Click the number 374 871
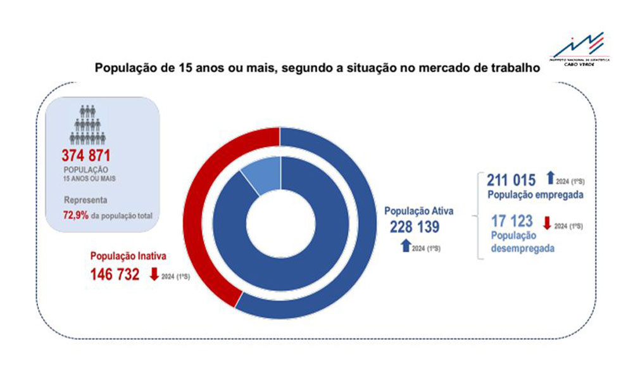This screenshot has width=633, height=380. tap(90, 156)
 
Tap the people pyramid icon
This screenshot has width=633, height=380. tap(87, 125)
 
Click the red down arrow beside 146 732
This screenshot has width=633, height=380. tap(153, 275)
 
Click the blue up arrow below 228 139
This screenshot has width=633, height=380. tap(405, 246)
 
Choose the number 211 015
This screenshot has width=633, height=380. tap(511, 180)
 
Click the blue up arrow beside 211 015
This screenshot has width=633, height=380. tap(549, 179)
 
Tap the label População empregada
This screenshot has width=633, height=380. tap(535, 194)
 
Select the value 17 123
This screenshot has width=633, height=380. tap(513, 221)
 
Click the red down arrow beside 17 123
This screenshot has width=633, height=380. tap(547, 222)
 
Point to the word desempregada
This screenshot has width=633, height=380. tap(523, 249)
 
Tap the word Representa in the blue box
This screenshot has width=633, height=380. tap(85, 201)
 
